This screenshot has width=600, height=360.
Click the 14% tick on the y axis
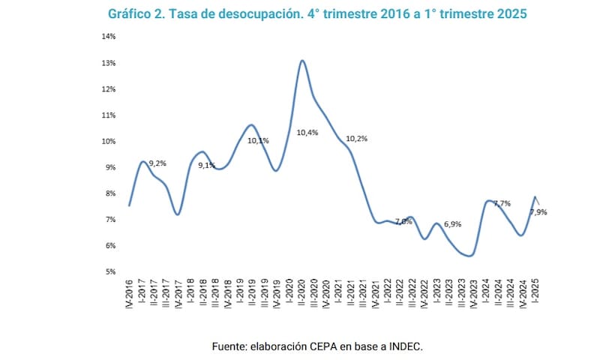tap(109, 37)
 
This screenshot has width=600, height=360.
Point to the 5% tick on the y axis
tap(110, 271)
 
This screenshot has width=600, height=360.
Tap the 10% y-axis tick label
tap(109, 141)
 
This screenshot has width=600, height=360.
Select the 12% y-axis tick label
tap(109, 89)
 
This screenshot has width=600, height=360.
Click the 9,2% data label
tap(157, 163)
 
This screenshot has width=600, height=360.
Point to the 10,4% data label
tap(307, 133)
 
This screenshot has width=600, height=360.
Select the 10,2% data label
tap(357, 138)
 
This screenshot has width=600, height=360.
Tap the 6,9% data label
tap(452, 225)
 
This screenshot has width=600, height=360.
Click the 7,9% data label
tap(538, 212)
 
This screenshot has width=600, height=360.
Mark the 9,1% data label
tap(207, 165)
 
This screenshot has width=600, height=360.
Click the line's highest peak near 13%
tap(301, 61)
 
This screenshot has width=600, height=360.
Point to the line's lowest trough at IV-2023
tap(470, 256)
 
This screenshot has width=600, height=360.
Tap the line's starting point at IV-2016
tap(130, 205)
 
